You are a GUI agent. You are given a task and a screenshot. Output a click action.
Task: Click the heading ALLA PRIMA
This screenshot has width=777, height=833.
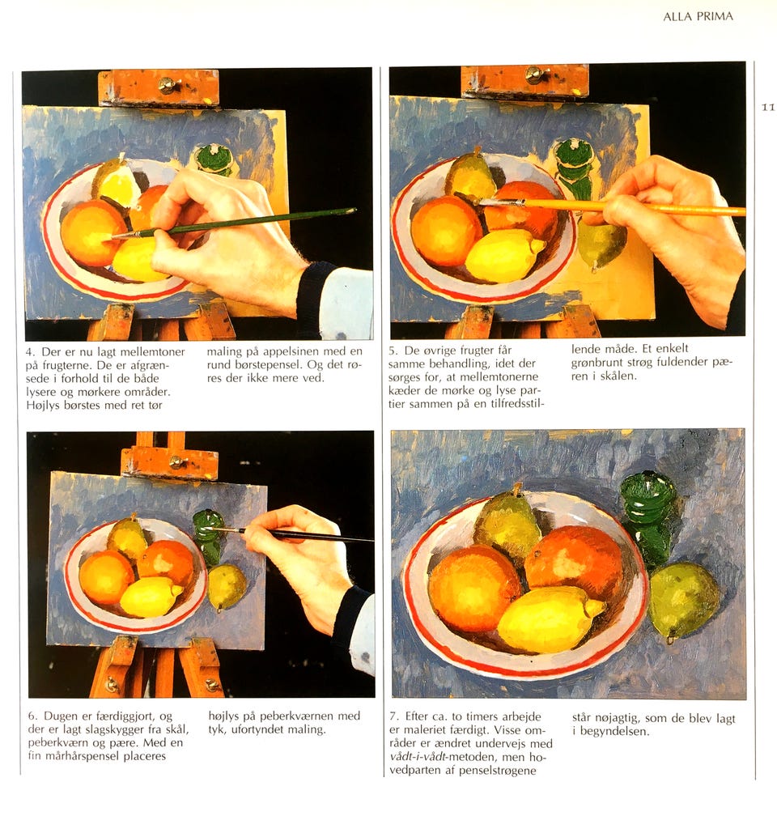pos(698,16)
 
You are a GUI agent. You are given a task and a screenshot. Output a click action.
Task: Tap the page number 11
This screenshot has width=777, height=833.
pos(768,108)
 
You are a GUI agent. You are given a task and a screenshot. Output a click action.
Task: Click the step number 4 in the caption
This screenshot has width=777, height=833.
pos(30,352)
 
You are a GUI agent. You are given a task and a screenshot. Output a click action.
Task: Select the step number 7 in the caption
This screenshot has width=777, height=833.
pos(393,716)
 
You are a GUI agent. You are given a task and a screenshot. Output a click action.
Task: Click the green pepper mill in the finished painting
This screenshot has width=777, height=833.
pos(649,517)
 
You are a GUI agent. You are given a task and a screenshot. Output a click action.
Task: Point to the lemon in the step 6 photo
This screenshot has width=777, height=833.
pos(151,596)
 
